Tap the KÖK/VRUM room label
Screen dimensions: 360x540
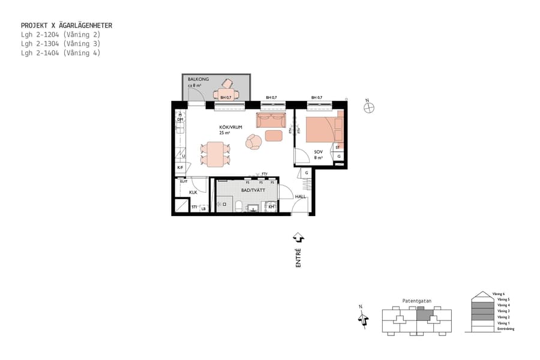(x=231, y=127)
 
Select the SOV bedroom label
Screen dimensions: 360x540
(x=318, y=152)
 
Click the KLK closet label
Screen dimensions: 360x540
(x=193, y=193)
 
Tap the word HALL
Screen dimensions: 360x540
(x=300, y=196)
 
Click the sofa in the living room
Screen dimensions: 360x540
(x=271, y=120)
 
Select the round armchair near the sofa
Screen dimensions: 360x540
(x=254, y=142)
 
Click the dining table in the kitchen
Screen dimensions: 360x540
(x=215, y=154)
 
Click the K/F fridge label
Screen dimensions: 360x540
(x=180, y=167)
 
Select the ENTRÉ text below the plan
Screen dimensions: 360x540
(x=298, y=257)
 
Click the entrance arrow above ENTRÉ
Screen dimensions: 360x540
(x=298, y=238)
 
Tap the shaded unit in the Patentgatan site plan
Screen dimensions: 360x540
(x=424, y=313)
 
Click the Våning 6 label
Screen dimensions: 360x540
(x=500, y=293)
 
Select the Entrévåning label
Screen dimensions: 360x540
(x=505, y=329)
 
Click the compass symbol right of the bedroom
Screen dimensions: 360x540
(x=370, y=107)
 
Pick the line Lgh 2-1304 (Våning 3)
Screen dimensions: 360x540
(x=60, y=44)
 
